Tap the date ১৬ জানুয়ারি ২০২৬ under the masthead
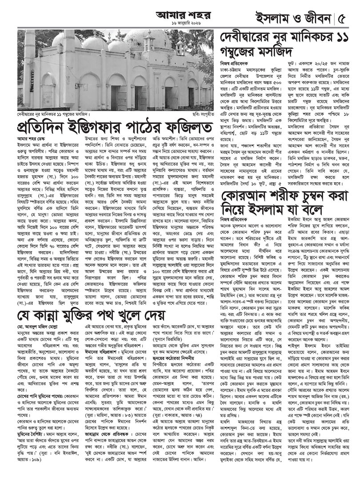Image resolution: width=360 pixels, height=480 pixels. (x=171, y=24)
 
